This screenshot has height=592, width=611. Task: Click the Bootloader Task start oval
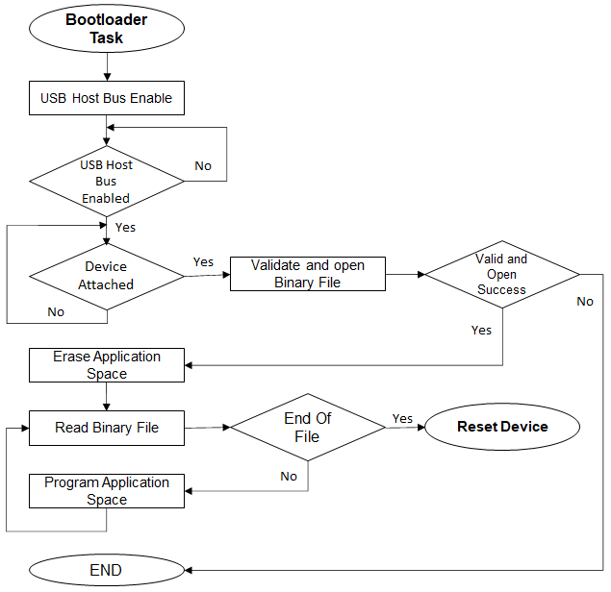(x=107, y=30)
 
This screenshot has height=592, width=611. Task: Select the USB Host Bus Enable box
(x=106, y=98)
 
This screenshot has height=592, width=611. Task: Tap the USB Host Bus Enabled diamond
(x=106, y=181)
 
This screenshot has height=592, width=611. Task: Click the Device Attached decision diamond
(x=106, y=276)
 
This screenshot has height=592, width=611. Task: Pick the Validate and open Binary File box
(x=308, y=273)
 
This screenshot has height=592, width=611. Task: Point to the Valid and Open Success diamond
(x=501, y=274)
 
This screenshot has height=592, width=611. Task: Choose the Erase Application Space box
(x=107, y=365)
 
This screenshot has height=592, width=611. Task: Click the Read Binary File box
(x=107, y=428)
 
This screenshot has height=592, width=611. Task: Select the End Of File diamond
(x=308, y=428)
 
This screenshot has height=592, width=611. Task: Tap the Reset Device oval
(x=502, y=427)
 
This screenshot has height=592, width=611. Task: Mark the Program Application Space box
(x=107, y=491)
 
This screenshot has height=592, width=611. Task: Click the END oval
(x=106, y=570)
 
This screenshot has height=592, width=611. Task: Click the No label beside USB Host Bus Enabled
(x=203, y=165)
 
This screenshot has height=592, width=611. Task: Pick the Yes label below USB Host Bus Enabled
(x=125, y=228)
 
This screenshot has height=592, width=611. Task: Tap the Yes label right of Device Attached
(x=203, y=261)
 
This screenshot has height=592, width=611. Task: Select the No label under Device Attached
(x=56, y=311)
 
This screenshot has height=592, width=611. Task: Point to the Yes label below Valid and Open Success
(x=481, y=330)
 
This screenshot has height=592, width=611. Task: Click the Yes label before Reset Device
(x=402, y=418)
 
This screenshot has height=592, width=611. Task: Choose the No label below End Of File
(x=289, y=476)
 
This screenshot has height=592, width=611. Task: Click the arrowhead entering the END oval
(x=189, y=570)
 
